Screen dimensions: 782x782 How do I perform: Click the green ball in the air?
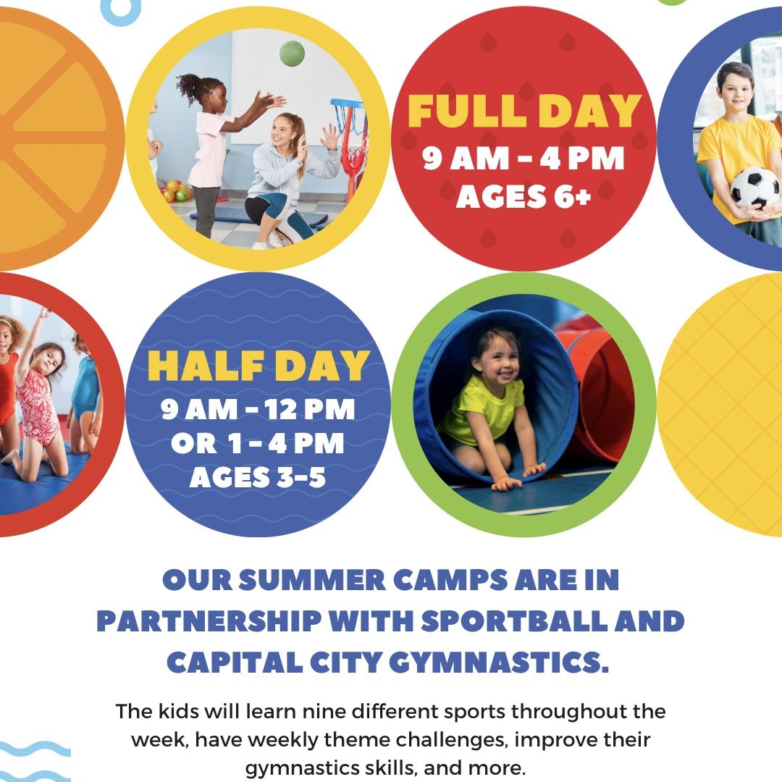pos(292,54)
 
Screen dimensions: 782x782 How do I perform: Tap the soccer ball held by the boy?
pos(754,188)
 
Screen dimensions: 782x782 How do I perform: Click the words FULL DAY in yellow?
pos(524,110)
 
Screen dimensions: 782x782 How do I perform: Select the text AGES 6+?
pos(524,196)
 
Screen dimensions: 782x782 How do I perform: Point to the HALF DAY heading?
pos(258,366)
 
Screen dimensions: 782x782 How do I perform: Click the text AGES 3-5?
pos(258,478)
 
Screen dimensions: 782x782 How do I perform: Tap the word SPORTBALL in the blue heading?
pos(514,621)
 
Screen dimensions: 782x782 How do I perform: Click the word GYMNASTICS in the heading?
pos(499,663)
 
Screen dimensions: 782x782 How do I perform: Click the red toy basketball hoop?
pos(350,145)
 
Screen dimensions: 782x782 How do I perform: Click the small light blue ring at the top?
pos(120,10)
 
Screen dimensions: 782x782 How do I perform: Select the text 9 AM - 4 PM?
pos(524,159)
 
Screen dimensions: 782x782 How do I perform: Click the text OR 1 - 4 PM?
pos(257,443)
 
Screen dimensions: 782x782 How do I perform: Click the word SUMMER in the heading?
pos(312,581)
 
